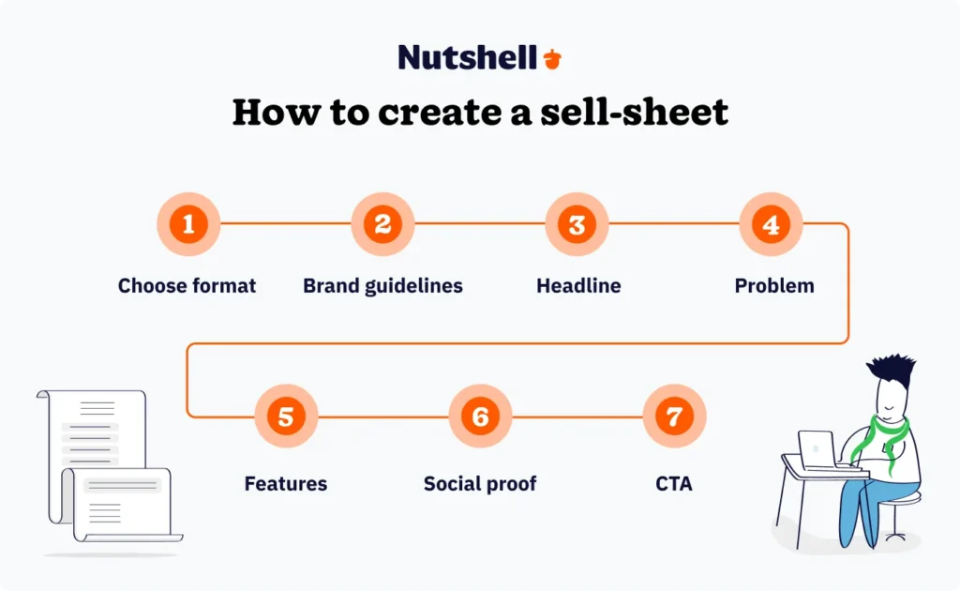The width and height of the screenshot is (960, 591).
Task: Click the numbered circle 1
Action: click(x=188, y=225)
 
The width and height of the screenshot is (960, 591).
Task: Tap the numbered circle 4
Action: click(x=771, y=225)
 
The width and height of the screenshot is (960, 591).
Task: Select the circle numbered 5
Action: click(x=286, y=416)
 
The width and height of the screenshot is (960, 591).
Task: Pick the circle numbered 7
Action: click(x=674, y=416)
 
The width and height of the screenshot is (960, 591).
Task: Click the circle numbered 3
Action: click(x=577, y=225)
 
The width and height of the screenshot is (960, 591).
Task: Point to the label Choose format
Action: click(x=187, y=286)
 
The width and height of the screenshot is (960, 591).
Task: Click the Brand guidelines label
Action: click(x=382, y=286)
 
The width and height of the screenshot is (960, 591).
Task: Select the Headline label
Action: click(x=578, y=286)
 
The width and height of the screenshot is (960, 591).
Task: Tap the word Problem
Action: click(x=774, y=286)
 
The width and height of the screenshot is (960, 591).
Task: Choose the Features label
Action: click(x=286, y=484)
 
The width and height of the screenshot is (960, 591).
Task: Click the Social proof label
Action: click(x=480, y=484)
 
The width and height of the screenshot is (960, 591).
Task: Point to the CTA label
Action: click(x=674, y=484)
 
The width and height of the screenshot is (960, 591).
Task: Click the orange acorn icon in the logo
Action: click(x=552, y=58)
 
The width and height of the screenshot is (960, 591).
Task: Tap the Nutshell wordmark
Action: click(x=467, y=57)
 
